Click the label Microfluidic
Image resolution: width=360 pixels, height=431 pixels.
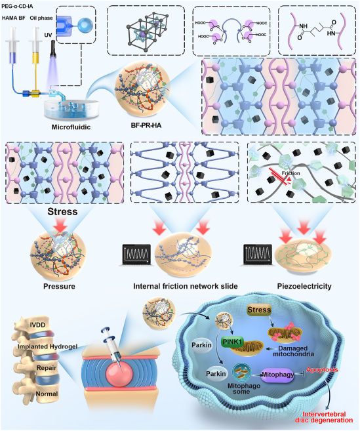pyautogui.click(x=71, y=127)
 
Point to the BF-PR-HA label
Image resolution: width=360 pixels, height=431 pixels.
pyautogui.click(x=146, y=125)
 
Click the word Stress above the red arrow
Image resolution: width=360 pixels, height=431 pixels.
pyautogui.click(x=62, y=212)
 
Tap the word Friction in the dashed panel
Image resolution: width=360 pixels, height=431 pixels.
pyautogui.click(x=290, y=173)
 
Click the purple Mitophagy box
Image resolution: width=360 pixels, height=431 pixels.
pyautogui.click(x=277, y=375)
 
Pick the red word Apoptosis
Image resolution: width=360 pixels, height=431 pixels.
pyautogui.click(x=322, y=370)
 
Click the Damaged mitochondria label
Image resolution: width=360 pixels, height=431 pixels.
pyautogui.click(x=293, y=351)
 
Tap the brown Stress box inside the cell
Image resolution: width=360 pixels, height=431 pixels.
pyautogui.click(x=259, y=310)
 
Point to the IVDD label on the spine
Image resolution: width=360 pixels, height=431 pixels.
pyautogui.click(x=37, y=325)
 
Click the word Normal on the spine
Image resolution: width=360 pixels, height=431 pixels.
pyautogui.click(x=47, y=394)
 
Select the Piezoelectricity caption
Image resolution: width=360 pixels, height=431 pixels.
pyautogui.click(x=304, y=287)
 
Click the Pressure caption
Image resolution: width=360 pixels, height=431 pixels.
pyautogui.click(x=59, y=287)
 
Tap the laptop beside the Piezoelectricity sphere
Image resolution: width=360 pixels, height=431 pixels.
pyautogui.click(x=257, y=255)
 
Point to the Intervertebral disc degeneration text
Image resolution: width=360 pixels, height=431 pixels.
pyautogui.click(x=324, y=417)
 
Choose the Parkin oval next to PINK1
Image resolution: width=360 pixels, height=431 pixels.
pyautogui.click(x=202, y=345)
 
